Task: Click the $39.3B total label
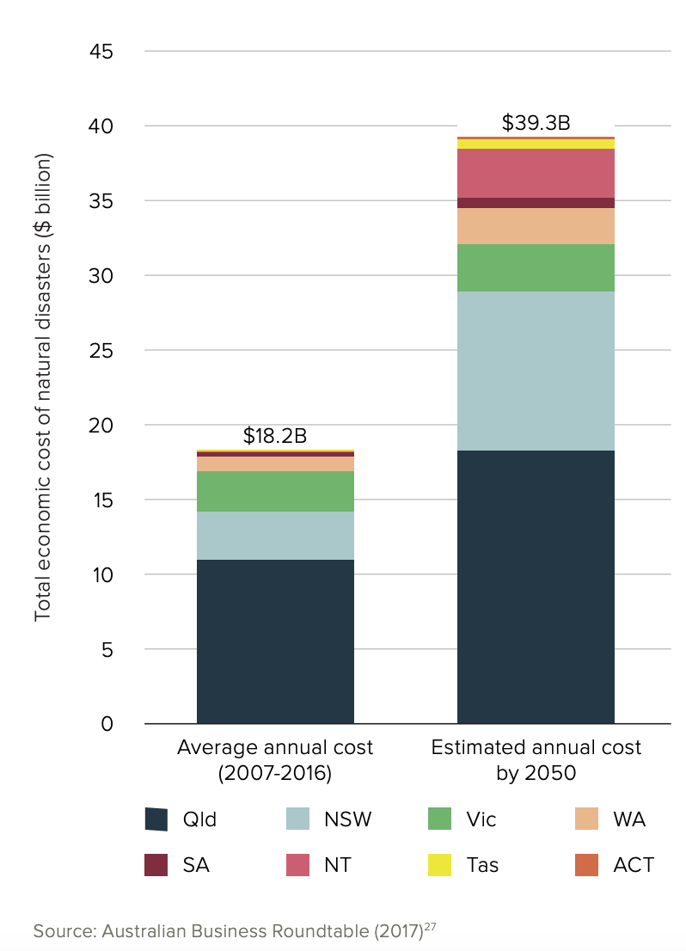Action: pyautogui.click(x=536, y=122)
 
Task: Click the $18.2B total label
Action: pyautogui.click(x=275, y=436)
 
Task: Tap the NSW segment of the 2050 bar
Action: pyautogui.click(x=536, y=371)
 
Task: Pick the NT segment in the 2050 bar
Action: pyautogui.click(x=536, y=173)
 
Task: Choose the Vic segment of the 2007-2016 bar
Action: pyautogui.click(x=275, y=491)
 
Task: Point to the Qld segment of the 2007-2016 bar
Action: pyautogui.click(x=275, y=641)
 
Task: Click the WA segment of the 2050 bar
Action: pyautogui.click(x=536, y=226)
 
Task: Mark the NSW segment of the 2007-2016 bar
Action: pyautogui.click(x=275, y=536)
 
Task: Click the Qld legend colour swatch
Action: pyautogui.click(x=156, y=819)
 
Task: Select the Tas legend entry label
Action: pyautogui.click(x=483, y=864)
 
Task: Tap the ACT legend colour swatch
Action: pyautogui.click(x=587, y=864)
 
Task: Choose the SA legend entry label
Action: pyautogui.click(x=196, y=864)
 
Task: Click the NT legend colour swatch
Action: pyautogui.click(x=298, y=864)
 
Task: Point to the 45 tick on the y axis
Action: pyautogui.click(x=101, y=52)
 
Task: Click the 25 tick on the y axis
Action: pyautogui.click(x=101, y=351)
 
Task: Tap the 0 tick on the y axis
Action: pyautogui.click(x=107, y=724)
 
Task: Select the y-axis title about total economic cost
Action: pyautogui.click(x=43, y=387)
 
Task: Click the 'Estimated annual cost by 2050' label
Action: pyautogui.click(x=536, y=760)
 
